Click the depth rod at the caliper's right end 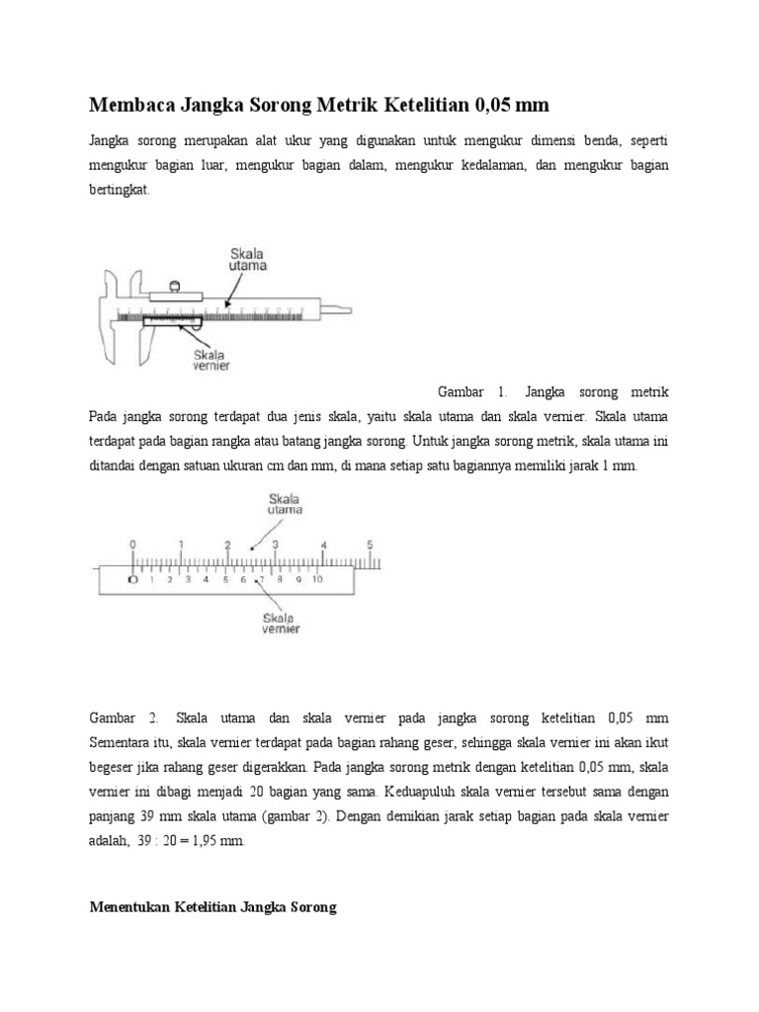(339, 307)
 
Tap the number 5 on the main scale (370, 544)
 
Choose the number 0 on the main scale (133, 544)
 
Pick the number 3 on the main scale (275, 544)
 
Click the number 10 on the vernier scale (318, 580)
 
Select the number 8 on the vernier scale (281, 580)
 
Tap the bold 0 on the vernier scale (133, 580)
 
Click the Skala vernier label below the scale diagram (281, 623)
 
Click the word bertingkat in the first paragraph (119, 191)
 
